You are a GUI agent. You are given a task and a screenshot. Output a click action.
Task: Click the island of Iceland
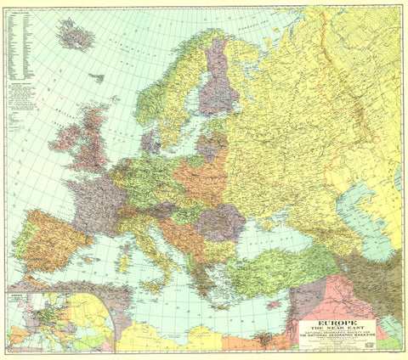coord(75,35)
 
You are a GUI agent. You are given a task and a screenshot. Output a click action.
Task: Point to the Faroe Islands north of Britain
coord(97,78)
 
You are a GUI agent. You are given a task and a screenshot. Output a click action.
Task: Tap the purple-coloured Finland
coord(218,85)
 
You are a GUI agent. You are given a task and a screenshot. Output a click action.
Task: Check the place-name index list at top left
coord(21,42)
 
